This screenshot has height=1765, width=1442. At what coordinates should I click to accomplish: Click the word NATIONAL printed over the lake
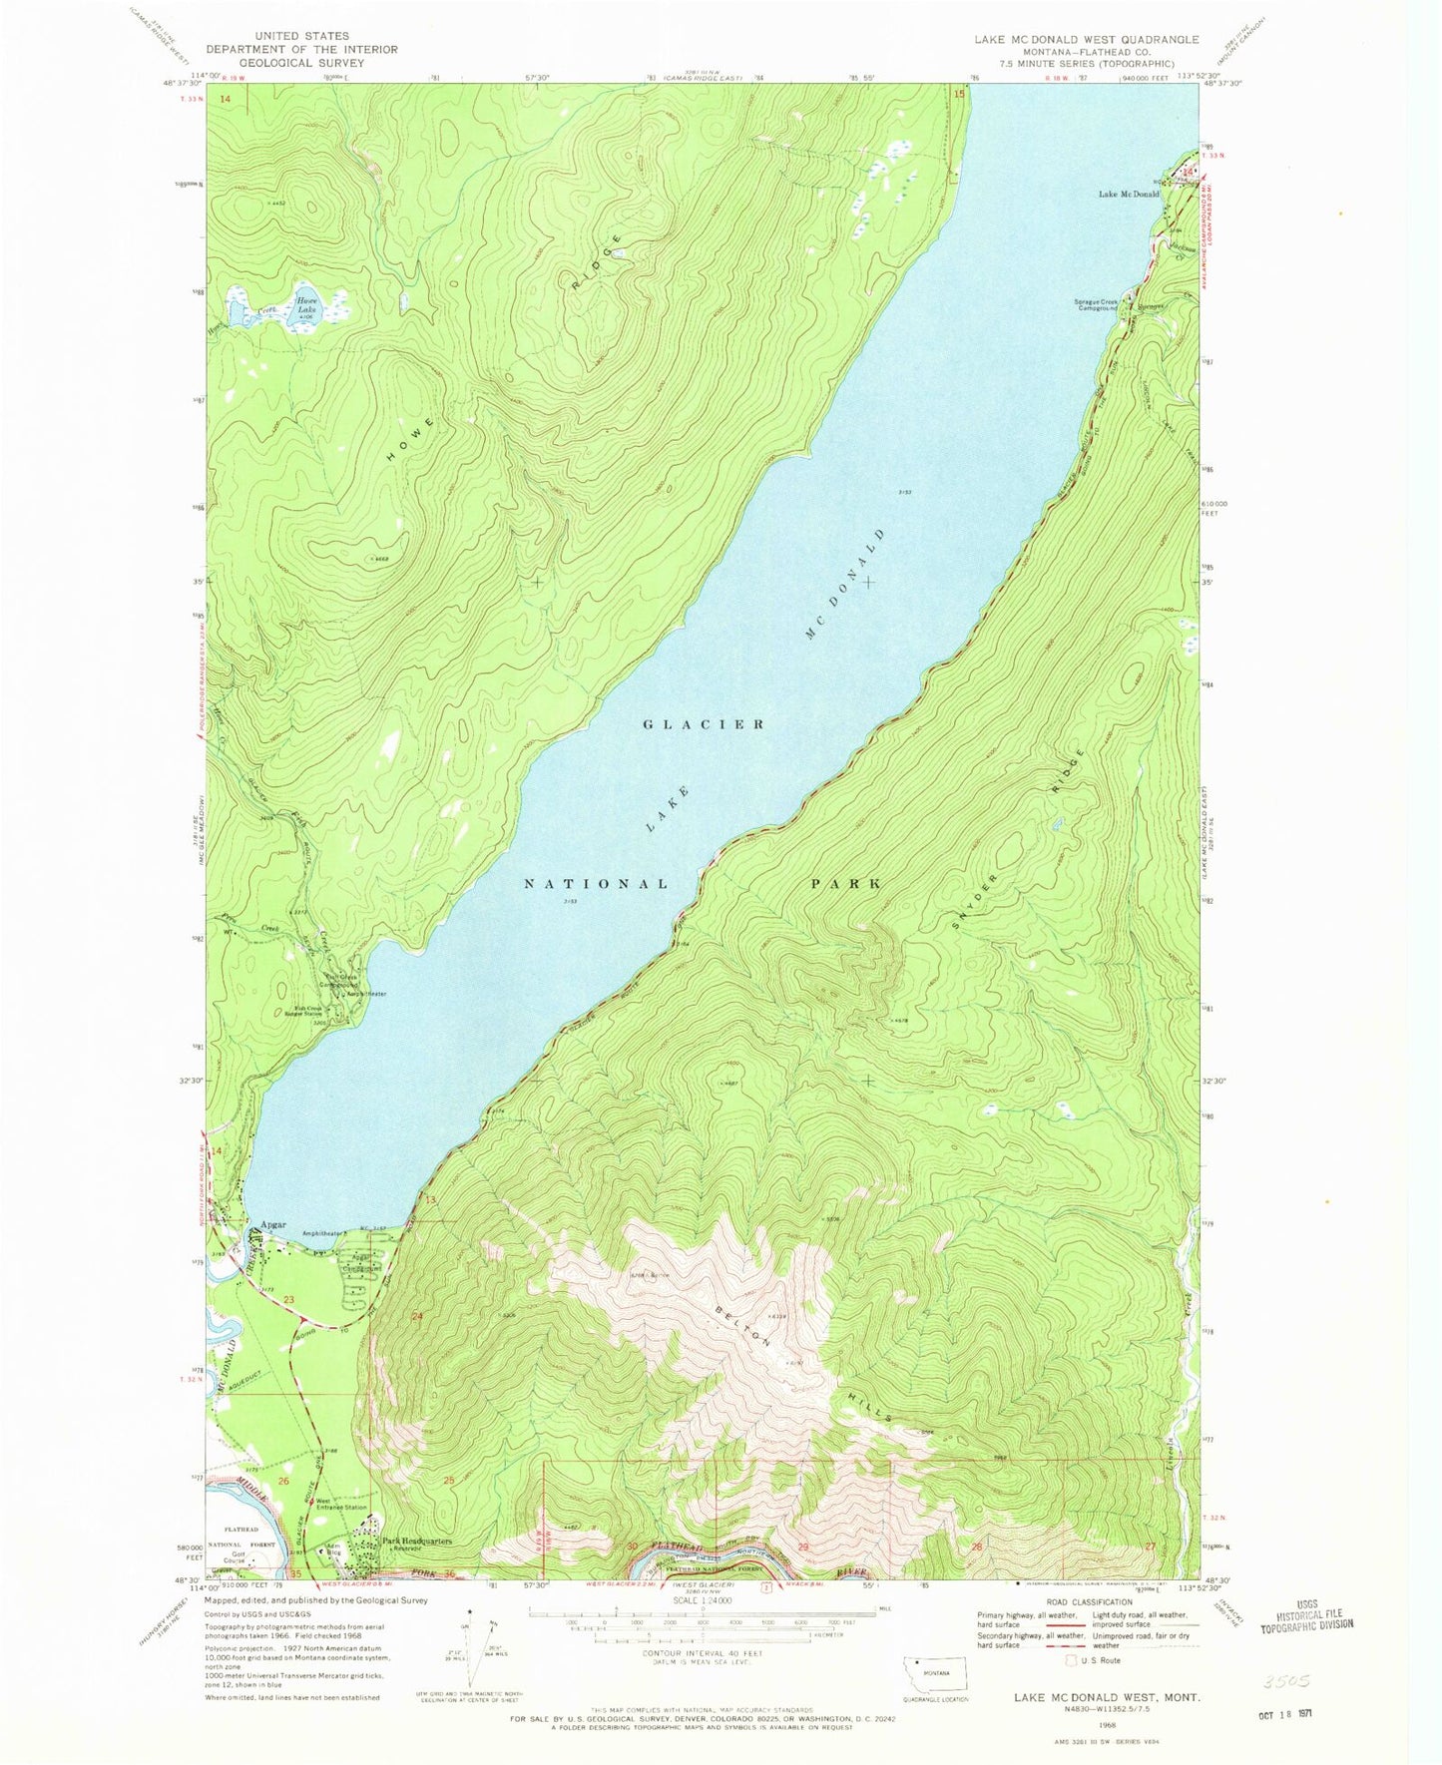click(x=597, y=884)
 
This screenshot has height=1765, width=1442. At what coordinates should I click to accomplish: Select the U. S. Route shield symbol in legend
click(x=1071, y=1660)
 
